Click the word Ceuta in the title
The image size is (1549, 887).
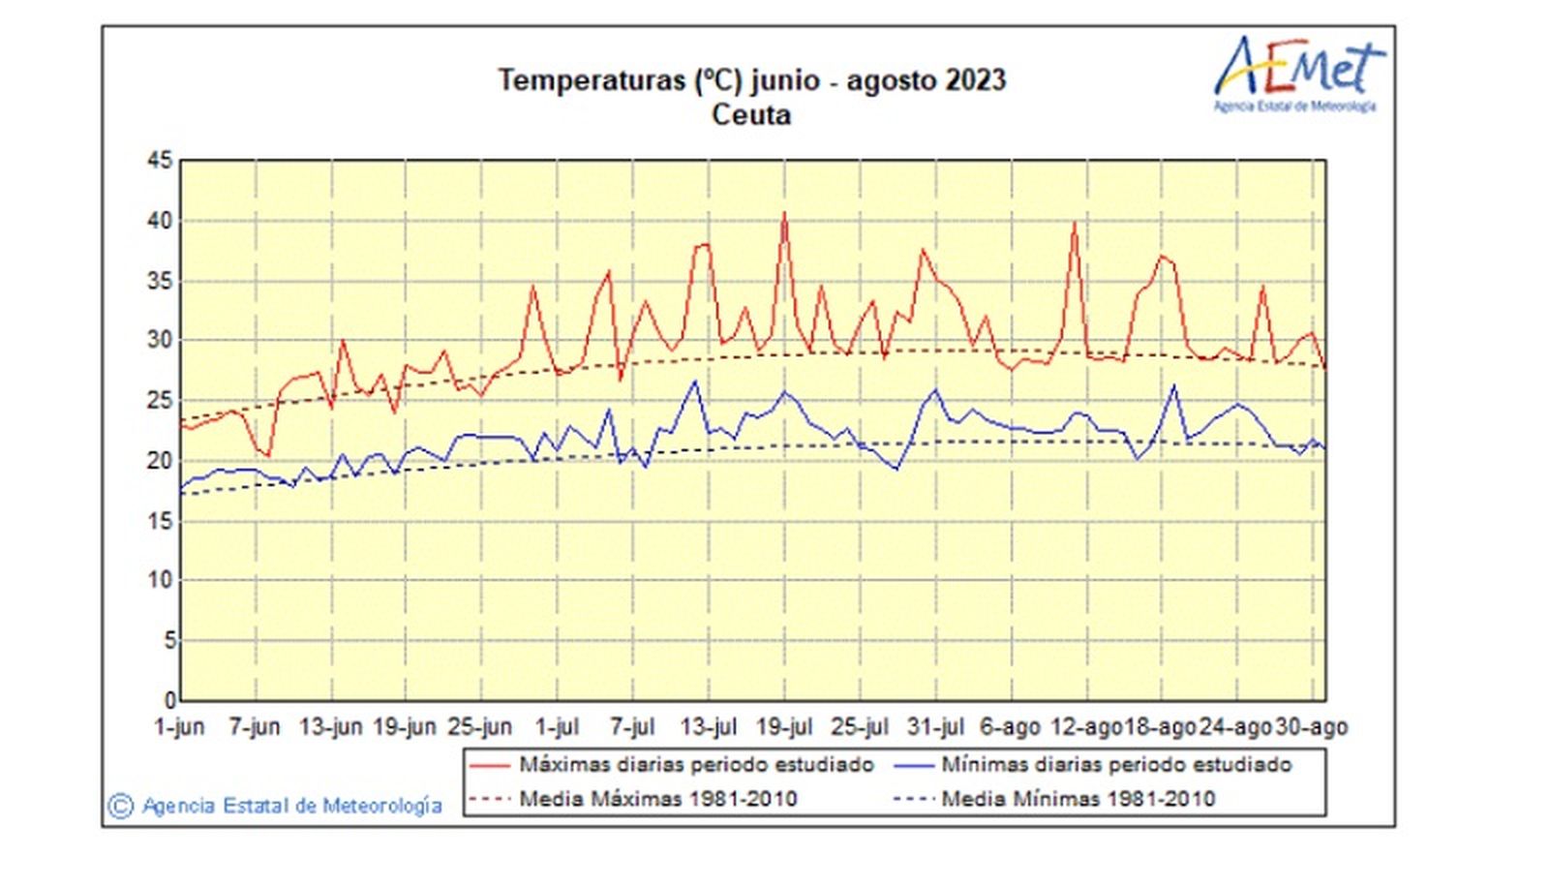coord(751,115)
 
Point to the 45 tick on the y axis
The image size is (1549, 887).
coord(160,161)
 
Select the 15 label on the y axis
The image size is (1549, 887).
coord(160,521)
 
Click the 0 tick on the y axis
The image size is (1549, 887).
coord(170,699)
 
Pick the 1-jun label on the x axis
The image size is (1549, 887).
coord(180,727)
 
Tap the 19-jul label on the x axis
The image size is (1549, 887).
coord(784,727)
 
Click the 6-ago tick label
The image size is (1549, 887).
coord(1010,727)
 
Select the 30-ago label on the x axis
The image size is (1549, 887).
coord(1311,727)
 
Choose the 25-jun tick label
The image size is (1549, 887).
coord(481,727)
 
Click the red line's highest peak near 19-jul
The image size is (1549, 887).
coord(784,214)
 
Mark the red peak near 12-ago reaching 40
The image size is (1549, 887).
coord(1074,224)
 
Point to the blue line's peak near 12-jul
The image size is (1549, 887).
coord(694,382)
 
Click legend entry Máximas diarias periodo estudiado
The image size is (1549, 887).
coord(696,765)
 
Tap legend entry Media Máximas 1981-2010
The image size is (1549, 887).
coord(657,799)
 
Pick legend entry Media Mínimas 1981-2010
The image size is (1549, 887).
coord(1078,799)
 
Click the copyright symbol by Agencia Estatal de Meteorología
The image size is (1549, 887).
coord(120,806)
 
